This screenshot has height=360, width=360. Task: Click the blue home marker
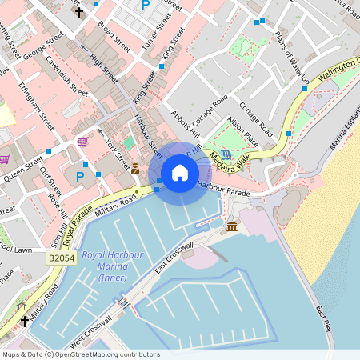180,173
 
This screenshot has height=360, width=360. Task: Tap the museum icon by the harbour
232,228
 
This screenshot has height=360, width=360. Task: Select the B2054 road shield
62,258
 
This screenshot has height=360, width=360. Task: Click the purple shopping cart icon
83,142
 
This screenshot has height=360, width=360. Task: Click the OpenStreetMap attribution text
80,354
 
